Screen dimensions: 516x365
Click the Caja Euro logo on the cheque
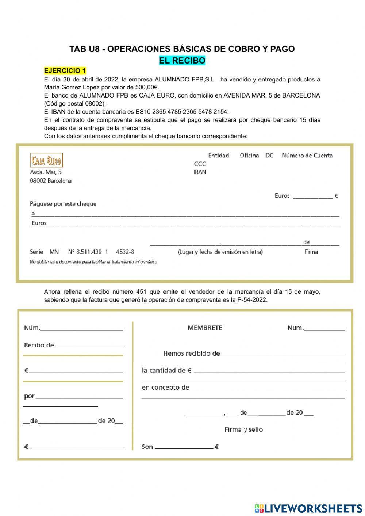click(x=46, y=160)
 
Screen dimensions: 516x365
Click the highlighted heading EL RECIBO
click(x=182, y=61)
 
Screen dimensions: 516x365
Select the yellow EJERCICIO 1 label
click(x=65, y=70)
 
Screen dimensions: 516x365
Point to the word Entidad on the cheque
click(x=218, y=156)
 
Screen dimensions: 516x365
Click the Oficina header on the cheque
click(x=249, y=156)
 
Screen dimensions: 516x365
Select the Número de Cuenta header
click(x=307, y=156)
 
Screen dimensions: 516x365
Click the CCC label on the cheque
click(x=200, y=164)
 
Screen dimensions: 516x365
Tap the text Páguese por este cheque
click(x=63, y=204)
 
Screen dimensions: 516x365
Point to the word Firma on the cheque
click(x=311, y=252)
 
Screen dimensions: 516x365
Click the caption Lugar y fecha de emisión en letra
click(x=220, y=252)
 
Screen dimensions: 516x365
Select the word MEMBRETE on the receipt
click(x=205, y=328)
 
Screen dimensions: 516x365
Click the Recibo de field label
click(x=39, y=345)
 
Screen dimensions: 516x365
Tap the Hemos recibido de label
click(x=191, y=353)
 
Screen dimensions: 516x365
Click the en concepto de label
click(x=165, y=387)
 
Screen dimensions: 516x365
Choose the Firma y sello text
click(x=243, y=429)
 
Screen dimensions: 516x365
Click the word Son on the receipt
click(x=147, y=447)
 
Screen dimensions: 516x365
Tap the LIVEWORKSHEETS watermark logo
click(x=308, y=508)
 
